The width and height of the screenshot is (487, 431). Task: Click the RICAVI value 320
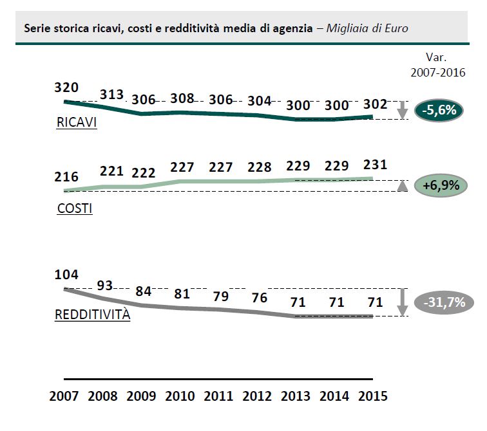(66, 87)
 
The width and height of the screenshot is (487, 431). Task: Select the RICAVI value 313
(111, 95)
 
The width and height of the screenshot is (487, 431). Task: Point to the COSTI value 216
(66, 176)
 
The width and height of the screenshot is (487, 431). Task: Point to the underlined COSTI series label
(74, 209)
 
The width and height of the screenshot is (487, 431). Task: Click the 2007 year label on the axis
(65, 396)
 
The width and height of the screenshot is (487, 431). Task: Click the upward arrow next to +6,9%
(402, 187)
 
